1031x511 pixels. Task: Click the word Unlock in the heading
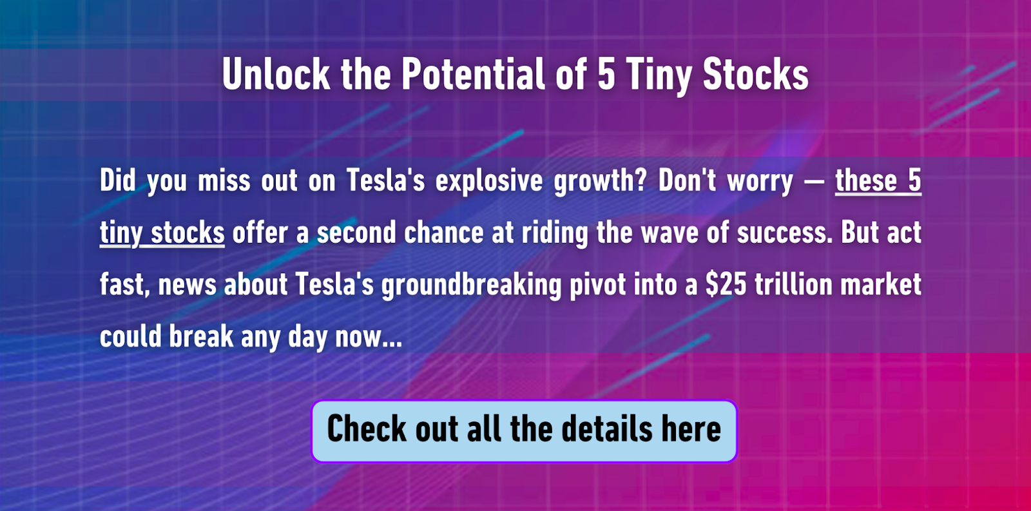pos(276,74)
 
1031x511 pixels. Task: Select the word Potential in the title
pos(474,74)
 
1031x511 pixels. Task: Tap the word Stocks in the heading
pos(756,74)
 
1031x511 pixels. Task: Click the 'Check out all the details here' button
pos(525,431)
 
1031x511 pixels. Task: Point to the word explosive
pos(489,180)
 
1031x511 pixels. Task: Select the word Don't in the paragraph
pos(687,180)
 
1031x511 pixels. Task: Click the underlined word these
pos(866,180)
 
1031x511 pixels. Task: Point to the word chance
pos(444,232)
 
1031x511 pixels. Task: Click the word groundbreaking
pos(471,285)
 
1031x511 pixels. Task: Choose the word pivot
pos(597,285)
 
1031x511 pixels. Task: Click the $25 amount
pos(726,284)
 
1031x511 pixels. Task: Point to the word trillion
pos(793,284)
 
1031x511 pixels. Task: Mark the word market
pos(881,284)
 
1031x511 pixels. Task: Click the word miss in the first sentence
pos(224,180)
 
